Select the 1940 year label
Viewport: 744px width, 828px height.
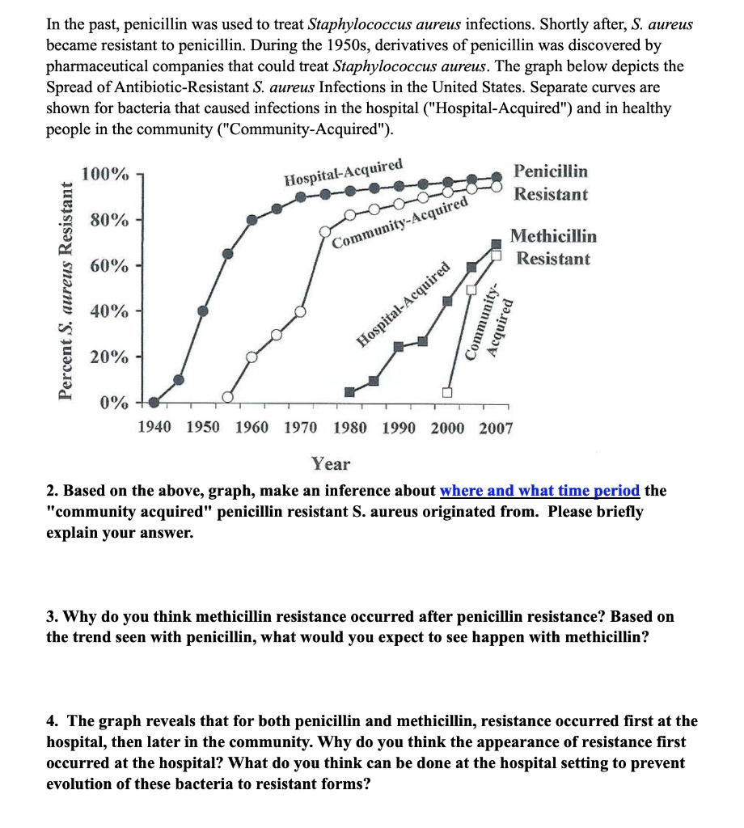(x=154, y=428)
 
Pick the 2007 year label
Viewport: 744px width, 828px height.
(x=496, y=428)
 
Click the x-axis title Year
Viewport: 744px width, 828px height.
(x=332, y=464)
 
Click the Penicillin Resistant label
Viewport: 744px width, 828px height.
(x=551, y=183)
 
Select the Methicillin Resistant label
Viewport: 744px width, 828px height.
(x=554, y=247)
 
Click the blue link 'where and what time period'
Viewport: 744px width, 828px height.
(x=540, y=491)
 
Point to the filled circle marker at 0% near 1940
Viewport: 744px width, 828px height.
(x=154, y=401)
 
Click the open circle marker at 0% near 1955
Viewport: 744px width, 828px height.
(x=228, y=397)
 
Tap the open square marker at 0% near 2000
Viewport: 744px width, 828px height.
(x=446, y=393)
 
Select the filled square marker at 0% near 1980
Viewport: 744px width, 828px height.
(x=349, y=392)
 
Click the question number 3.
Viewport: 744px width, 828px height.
(x=51, y=617)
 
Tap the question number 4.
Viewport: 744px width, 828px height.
(x=51, y=721)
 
